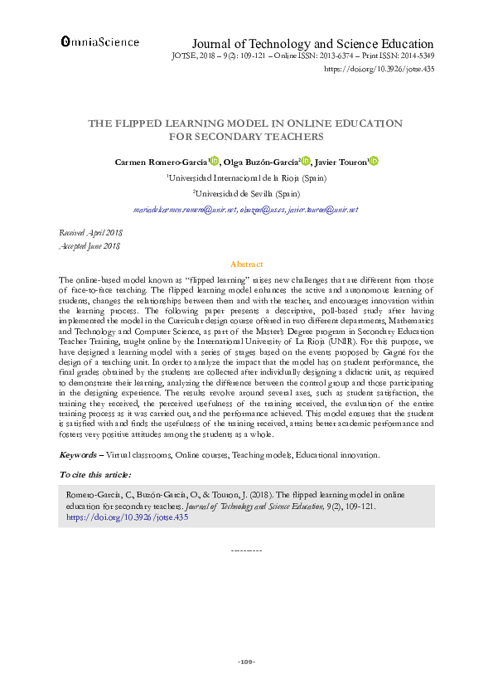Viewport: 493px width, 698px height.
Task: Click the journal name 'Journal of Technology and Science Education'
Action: click(x=312, y=44)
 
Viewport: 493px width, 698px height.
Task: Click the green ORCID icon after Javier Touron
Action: click(x=374, y=162)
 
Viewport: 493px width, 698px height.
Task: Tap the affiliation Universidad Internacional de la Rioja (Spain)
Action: click(x=245, y=177)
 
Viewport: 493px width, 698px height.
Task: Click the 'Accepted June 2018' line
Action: click(x=90, y=246)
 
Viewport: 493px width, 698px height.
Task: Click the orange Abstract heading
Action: click(x=246, y=263)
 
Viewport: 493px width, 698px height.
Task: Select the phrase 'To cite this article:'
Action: click(x=95, y=474)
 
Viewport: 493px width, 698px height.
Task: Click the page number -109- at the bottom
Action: click(x=246, y=662)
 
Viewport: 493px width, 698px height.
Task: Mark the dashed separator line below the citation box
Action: click(x=246, y=550)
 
